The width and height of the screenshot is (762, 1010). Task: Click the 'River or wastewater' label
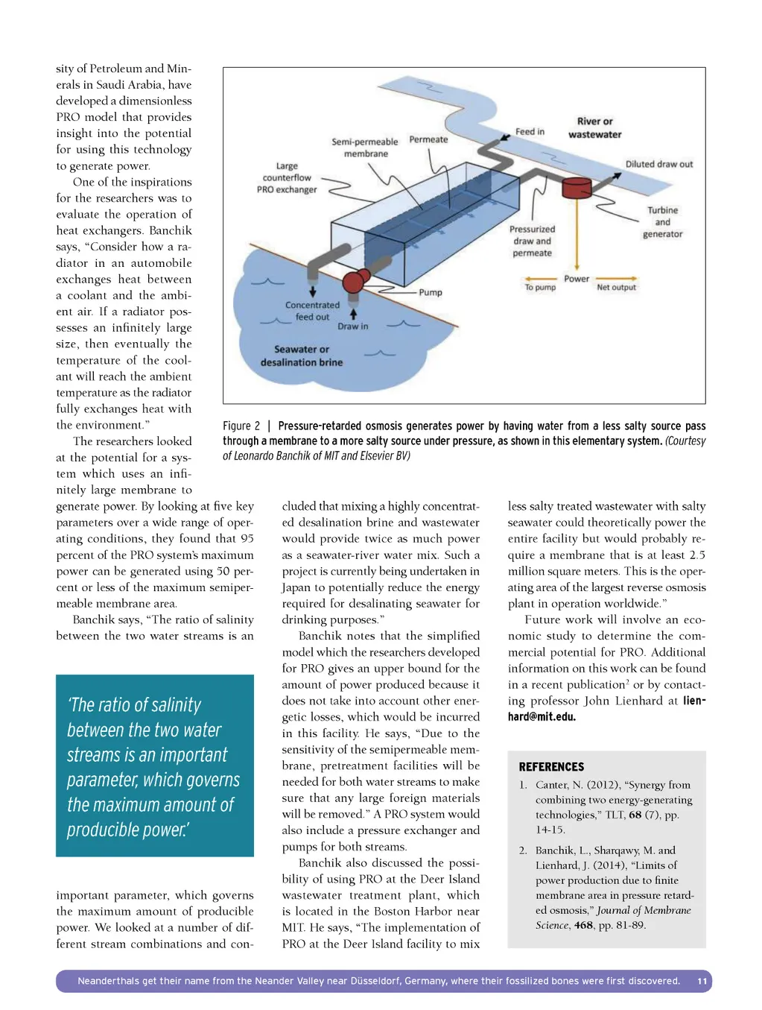pyautogui.click(x=594, y=128)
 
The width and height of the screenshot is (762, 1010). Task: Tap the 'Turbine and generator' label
pyautogui.click(x=662, y=222)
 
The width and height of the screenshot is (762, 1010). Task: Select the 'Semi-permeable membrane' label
pyautogui.click(x=365, y=148)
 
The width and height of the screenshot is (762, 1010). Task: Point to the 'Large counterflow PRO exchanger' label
pyautogui.click(x=287, y=178)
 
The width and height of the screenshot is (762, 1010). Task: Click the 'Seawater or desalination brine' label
pyautogui.click(x=302, y=356)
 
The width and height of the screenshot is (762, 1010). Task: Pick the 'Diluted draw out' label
pyautogui.click(x=658, y=164)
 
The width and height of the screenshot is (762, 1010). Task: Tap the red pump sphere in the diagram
pyautogui.click(x=354, y=283)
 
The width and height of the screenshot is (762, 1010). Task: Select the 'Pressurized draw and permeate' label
pyautogui.click(x=532, y=241)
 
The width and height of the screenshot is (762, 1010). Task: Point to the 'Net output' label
pyautogui.click(x=616, y=287)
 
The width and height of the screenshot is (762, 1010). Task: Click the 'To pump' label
pyautogui.click(x=540, y=287)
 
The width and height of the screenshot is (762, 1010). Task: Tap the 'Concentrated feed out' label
pyautogui.click(x=312, y=311)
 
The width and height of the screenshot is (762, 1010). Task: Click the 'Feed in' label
pyautogui.click(x=530, y=132)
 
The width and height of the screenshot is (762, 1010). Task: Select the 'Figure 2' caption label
pyautogui.click(x=241, y=426)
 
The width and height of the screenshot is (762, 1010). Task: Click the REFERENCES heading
pyautogui.click(x=551, y=767)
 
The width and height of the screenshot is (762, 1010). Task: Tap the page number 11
pyautogui.click(x=702, y=982)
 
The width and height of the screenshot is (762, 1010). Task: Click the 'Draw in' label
pyautogui.click(x=352, y=326)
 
